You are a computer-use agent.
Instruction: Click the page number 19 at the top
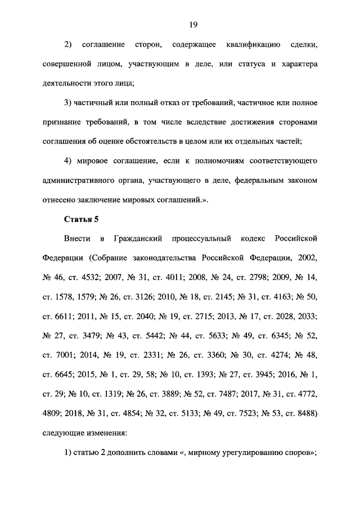pos(192,24)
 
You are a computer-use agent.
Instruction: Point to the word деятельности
pos(68,83)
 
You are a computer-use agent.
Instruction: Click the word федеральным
pos(252,181)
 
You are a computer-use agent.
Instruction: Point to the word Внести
pos(78,238)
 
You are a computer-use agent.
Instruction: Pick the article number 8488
pos(305,415)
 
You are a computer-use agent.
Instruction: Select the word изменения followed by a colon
pos(107,434)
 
